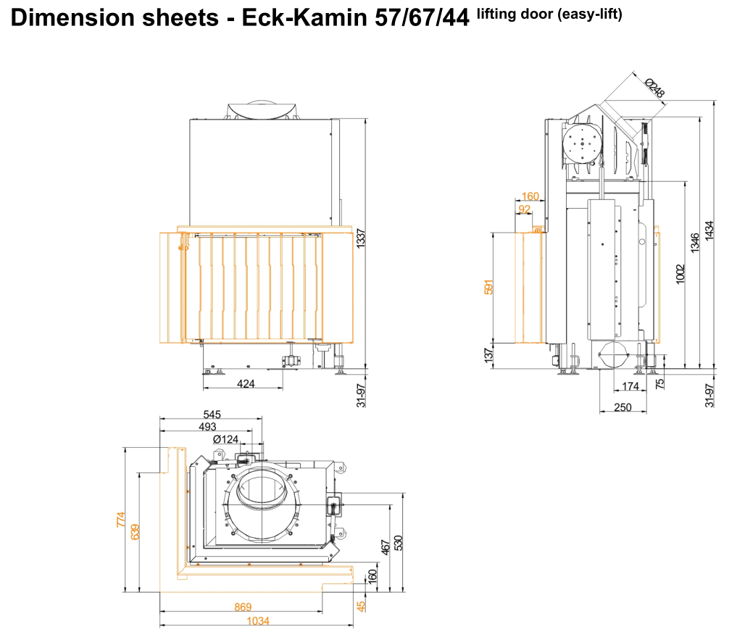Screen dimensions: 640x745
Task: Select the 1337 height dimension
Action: tap(362, 239)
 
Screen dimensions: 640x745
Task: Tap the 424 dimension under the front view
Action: tap(246, 383)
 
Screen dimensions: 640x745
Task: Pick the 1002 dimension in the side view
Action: tap(680, 273)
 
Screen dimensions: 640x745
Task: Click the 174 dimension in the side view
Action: tap(630, 386)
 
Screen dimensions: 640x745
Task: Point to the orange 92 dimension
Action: tap(524, 209)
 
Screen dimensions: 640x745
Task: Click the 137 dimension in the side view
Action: tap(488, 354)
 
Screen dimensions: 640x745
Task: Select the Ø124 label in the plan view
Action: tap(226, 439)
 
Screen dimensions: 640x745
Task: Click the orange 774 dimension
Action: tap(121, 520)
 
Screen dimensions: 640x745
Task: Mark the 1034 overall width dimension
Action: tap(257, 621)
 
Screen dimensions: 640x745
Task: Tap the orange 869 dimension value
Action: tap(243, 607)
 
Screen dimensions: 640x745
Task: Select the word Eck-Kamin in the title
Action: tap(305, 17)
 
